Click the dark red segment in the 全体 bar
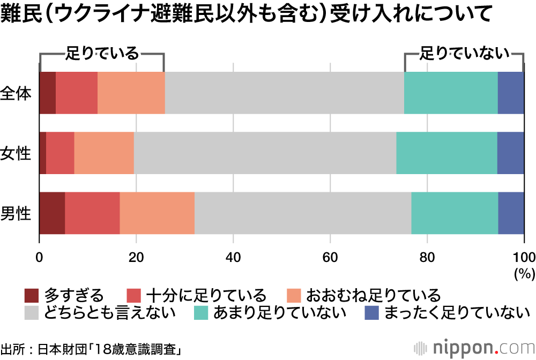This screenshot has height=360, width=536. tap(47, 93)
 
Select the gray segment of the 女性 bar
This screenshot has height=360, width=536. tap(265, 153)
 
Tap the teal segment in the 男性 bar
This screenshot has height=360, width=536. tap(455, 213)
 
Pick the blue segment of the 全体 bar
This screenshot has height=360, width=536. tap(511, 93)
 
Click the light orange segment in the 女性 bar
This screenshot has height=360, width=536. tap(104, 153)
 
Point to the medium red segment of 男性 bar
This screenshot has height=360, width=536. tap(92, 213)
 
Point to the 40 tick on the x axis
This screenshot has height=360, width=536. tap(233, 256)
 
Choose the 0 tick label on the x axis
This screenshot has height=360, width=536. tap(39, 256)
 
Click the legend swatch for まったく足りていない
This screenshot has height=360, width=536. tap(371, 312)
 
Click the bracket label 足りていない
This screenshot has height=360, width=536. tap(464, 53)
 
